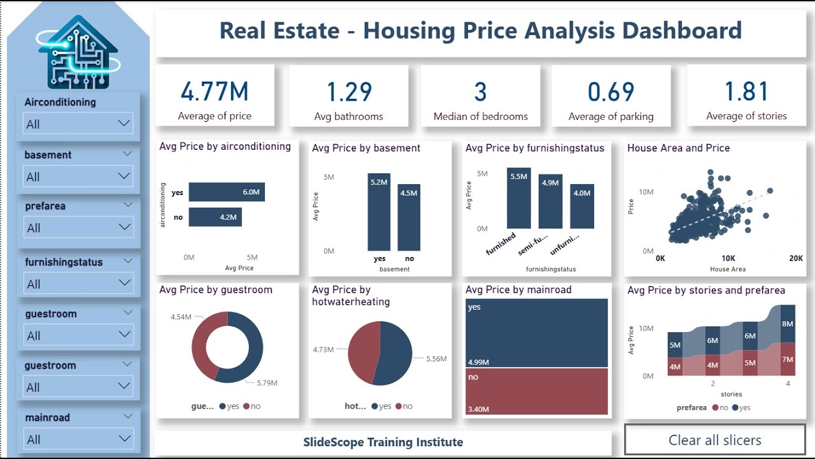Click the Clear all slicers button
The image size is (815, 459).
(x=714, y=440)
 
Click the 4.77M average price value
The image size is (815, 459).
(x=215, y=92)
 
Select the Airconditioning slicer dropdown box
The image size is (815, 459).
(x=78, y=124)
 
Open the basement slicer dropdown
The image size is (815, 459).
(x=78, y=177)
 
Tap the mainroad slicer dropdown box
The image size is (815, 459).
(x=78, y=439)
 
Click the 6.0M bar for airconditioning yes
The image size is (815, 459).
(x=226, y=192)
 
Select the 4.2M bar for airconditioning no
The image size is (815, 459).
(x=215, y=217)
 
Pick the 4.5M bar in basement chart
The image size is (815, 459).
(x=409, y=217)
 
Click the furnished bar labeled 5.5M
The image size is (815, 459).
(x=518, y=198)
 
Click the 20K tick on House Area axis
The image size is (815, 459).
(x=795, y=259)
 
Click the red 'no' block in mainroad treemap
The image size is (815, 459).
(x=536, y=391)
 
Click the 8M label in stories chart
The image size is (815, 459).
(x=788, y=324)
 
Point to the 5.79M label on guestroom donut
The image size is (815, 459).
(x=266, y=383)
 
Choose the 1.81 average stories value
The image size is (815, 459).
(x=746, y=92)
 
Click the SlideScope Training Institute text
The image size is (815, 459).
(x=383, y=442)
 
